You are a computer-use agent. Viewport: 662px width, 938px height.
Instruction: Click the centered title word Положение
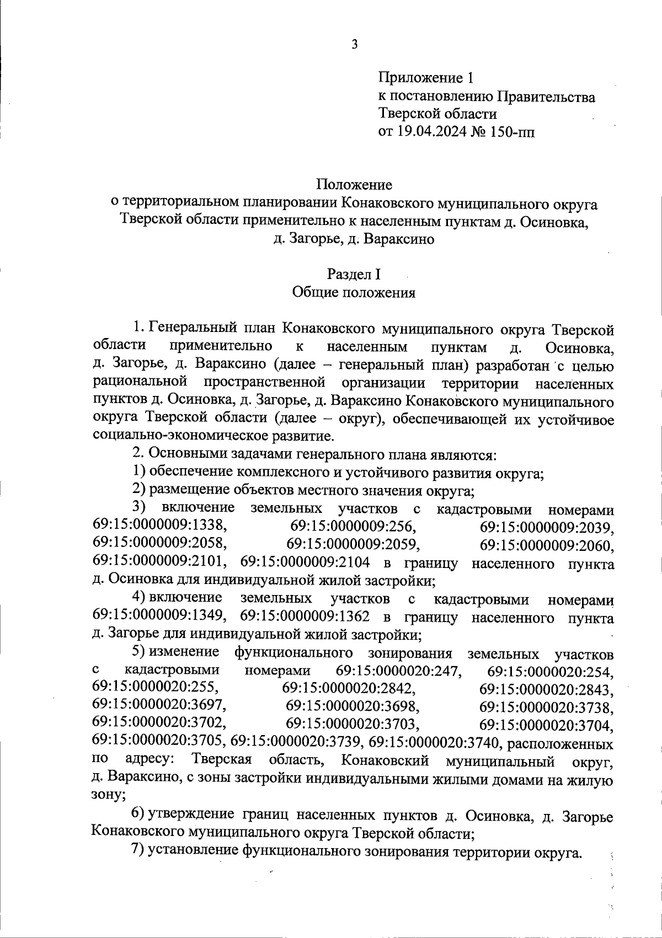click(x=354, y=183)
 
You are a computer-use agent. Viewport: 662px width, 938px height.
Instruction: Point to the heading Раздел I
click(x=354, y=274)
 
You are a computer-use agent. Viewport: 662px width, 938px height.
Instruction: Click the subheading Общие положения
click(x=354, y=292)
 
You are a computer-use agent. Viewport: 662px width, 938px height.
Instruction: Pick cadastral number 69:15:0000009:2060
click(x=546, y=545)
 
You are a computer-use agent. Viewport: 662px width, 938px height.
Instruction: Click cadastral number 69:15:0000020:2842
click(x=349, y=689)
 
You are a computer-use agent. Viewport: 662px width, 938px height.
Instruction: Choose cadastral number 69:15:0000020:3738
click(x=546, y=707)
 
